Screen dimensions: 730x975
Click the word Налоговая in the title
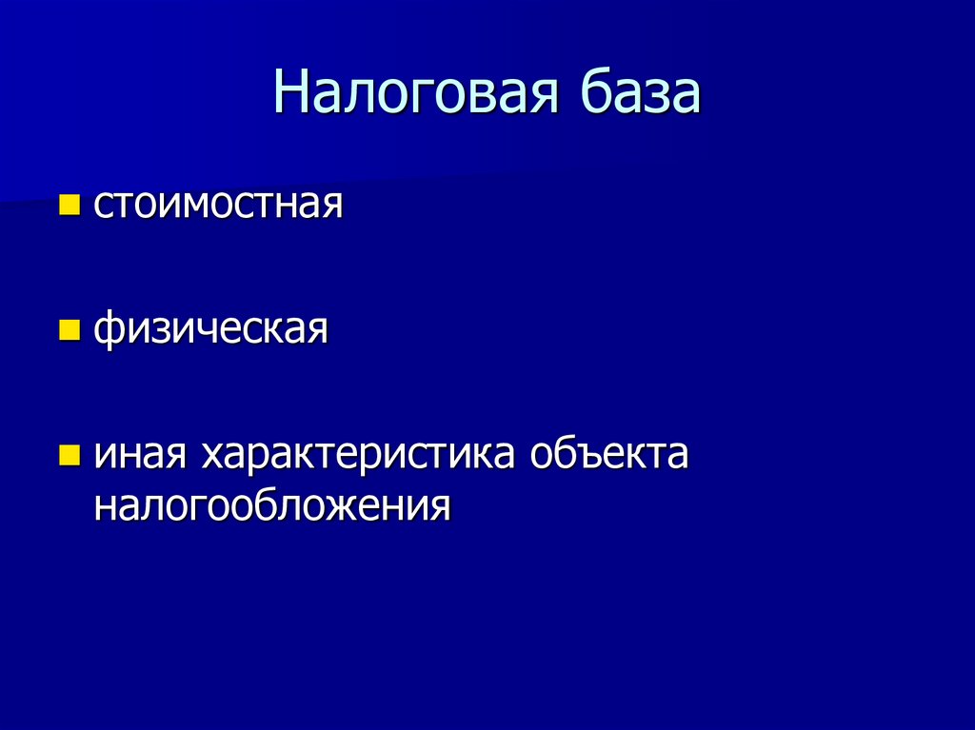(x=414, y=94)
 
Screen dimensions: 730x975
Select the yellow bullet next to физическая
(x=70, y=329)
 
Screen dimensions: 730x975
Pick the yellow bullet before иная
(x=70, y=454)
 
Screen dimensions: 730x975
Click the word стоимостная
(x=217, y=205)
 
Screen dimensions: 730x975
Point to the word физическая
(x=210, y=330)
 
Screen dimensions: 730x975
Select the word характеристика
(x=357, y=455)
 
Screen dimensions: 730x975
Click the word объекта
(x=609, y=455)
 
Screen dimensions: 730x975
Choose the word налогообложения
(x=271, y=505)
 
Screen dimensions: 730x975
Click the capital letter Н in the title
(x=291, y=94)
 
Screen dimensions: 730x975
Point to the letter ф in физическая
(x=109, y=331)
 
